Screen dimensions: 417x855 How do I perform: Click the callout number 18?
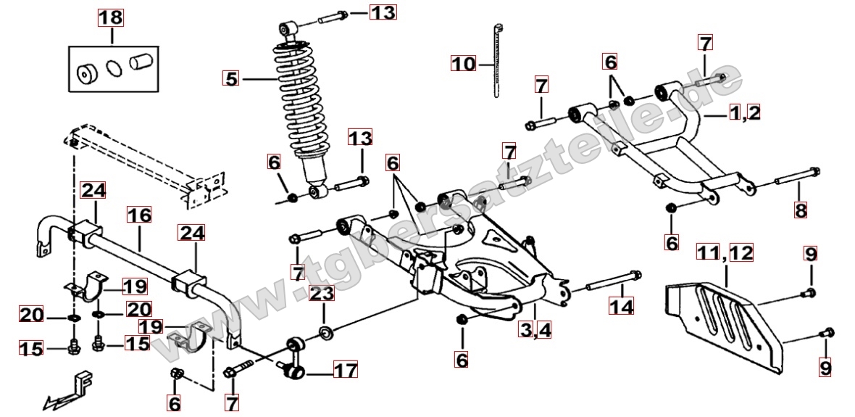111,18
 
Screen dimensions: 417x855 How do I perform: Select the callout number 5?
231,78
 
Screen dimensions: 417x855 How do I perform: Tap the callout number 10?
463,64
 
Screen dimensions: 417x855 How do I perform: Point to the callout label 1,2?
744,113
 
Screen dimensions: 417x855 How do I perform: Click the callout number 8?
800,210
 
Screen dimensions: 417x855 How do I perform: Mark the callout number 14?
621,307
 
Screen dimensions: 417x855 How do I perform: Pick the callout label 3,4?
535,330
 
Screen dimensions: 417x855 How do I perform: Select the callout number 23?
322,294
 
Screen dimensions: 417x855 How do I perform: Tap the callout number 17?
345,371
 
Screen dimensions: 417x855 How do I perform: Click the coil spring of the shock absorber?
297,102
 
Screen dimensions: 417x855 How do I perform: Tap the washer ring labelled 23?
326,334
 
